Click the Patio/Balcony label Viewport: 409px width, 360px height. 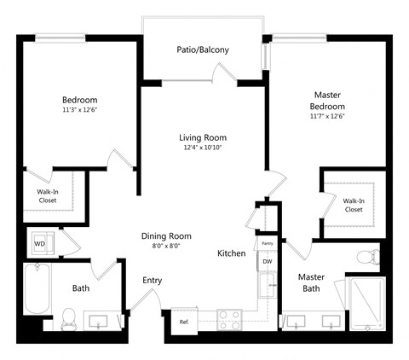203,49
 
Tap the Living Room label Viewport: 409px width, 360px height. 203,137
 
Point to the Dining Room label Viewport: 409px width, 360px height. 166,236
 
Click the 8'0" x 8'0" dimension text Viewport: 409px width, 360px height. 166,247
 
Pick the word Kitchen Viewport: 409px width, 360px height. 232,254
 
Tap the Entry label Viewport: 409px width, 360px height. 152,280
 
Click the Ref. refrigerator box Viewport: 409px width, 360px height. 184,322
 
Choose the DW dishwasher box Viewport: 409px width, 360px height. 267,262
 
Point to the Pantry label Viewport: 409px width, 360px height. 267,243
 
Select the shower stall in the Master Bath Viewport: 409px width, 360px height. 367,303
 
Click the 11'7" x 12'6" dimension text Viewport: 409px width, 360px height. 326,116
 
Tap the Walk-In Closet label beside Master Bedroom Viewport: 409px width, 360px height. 353,201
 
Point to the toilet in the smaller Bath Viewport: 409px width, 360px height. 70,318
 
